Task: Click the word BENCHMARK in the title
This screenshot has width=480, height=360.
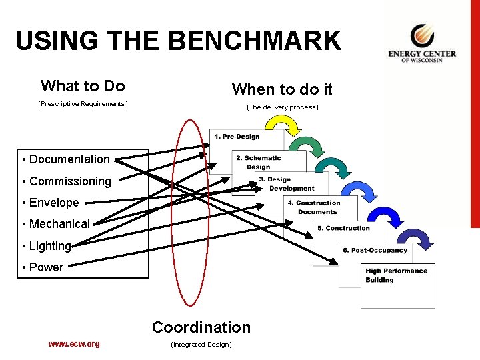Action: (254, 41)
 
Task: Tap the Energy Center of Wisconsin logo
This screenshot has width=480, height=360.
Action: (422, 44)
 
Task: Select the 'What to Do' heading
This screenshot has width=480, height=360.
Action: (83, 86)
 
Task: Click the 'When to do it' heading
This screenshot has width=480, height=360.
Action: (282, 89)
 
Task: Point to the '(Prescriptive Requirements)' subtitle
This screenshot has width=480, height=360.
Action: (83, 104)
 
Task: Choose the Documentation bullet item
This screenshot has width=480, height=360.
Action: (69, 159)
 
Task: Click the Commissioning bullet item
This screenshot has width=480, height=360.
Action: (70, 181)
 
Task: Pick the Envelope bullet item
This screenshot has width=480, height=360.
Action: (53, 203)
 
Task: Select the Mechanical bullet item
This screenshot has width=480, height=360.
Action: (59, 224)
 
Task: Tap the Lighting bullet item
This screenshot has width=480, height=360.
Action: (49, 246)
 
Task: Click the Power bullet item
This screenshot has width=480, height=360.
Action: (46, 267)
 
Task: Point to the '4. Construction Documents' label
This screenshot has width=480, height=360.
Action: (313, 207)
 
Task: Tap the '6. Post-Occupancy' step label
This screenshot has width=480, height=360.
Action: (375, 250)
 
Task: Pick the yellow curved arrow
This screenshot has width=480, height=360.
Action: (283, 125)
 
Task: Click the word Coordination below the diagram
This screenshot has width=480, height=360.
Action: (201, 327)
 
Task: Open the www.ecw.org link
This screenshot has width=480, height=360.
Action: (74, 344)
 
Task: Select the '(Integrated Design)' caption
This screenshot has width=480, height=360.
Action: (201, 345)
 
